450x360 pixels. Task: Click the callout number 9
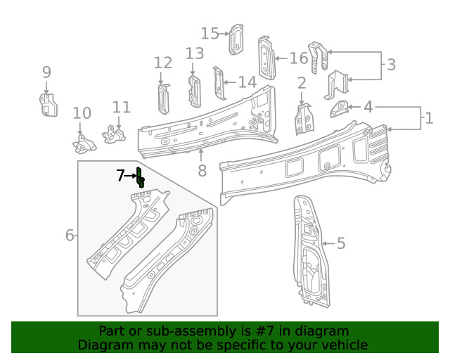tap(46, 72)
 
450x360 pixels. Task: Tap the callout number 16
tap(298, 58)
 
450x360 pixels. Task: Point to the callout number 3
tap(391, 65)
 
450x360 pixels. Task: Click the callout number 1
tap(428, 117)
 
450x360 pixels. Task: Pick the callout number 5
tap(341, 244)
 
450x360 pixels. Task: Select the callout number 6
tap(70, 236)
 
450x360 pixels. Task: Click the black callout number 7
tap(120, 175)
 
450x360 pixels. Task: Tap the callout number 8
tap(202, 171)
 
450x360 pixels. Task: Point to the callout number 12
tap(162, 63)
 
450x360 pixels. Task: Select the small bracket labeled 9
tap(46, 104)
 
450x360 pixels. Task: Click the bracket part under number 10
tap(83, 143)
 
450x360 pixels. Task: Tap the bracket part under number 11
tap(114, 133)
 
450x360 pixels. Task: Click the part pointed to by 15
tap(237, 39)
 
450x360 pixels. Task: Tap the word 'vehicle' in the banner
tap(345, 345)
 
